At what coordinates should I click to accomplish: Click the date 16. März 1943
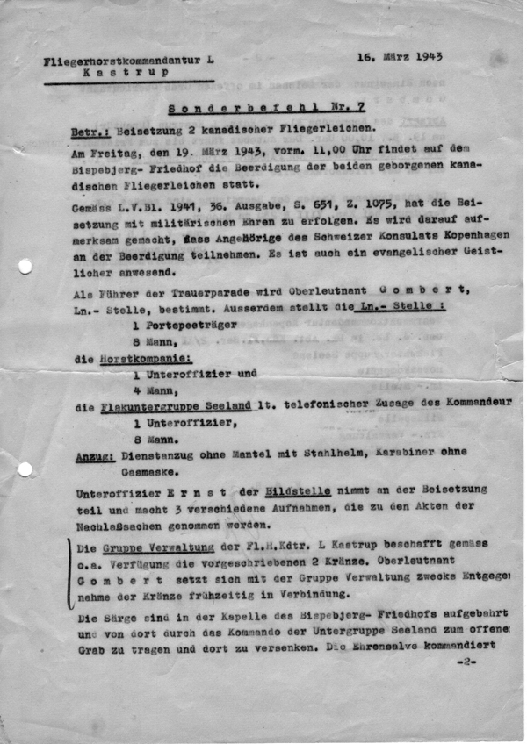click(x=399, y=57)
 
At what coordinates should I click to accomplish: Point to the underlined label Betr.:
click(x=89, y=132)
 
